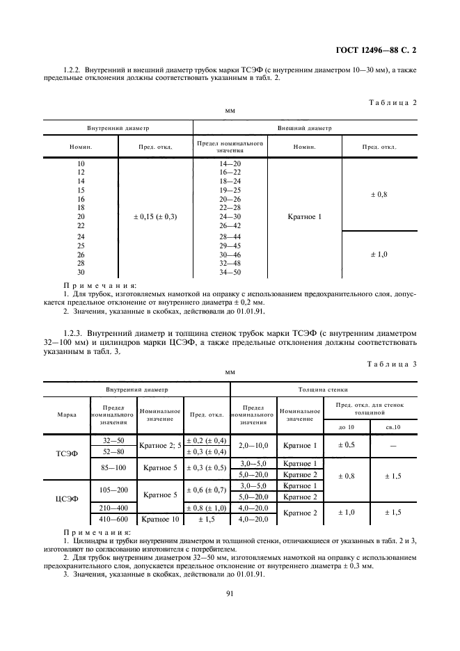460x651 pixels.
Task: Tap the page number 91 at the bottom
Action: coord(229,593)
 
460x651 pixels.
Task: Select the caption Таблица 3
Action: coord(391,363)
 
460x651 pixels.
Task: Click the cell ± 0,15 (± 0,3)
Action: coord(155,217)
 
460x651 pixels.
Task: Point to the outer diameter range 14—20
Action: coord(230,164)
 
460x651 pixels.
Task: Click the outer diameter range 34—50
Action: coord(230,272)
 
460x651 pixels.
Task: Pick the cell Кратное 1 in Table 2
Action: coord(305,217)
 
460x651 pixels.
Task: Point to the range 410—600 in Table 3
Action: coord(113,519)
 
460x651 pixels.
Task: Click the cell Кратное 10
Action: coord(160,519)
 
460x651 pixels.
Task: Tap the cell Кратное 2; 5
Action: coord(160,444)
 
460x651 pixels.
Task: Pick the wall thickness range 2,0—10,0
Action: coord(253,444)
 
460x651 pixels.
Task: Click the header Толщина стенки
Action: coord(322,390)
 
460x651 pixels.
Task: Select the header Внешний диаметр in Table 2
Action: coord(305,129)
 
